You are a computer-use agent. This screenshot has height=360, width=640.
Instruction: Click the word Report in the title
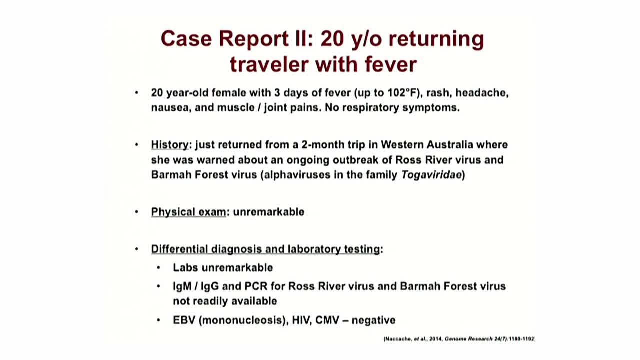(253, 39)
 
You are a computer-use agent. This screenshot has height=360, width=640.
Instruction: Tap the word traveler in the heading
(269, 64)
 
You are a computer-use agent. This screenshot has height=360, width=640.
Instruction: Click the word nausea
(171, 108)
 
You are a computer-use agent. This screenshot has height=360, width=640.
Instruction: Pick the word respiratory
(370, 108)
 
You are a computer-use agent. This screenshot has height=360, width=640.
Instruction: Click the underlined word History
(170, 145)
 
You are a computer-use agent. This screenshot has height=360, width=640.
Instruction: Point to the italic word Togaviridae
(431, 175)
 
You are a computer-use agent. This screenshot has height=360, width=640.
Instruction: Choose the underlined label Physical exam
(189, 212)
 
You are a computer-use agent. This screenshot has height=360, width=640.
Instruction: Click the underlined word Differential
(179, 249)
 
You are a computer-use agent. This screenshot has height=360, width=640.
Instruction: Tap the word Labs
(185, 268)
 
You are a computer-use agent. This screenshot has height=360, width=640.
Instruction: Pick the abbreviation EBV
(184, 320)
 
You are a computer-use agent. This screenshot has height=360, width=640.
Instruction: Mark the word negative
(373, 321)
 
